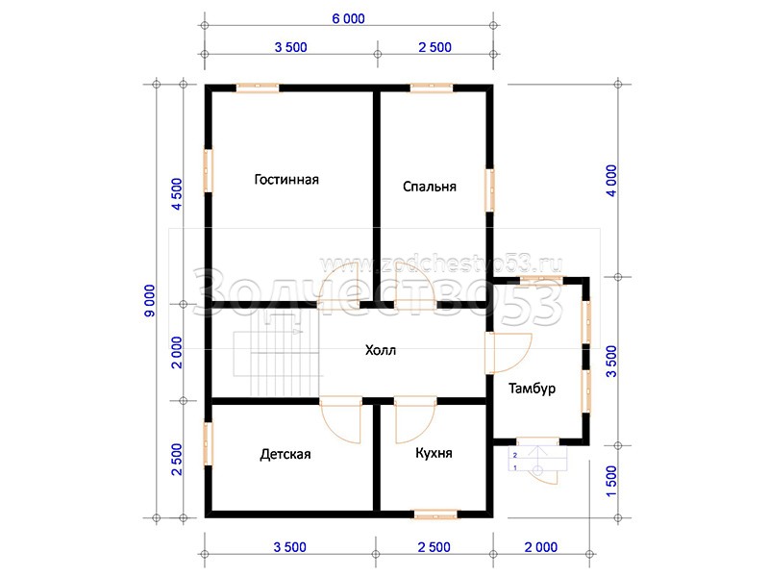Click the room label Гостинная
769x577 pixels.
(x=286, y=180)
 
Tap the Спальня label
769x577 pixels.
(x=430, y=187)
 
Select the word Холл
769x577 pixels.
(x=381, y=350)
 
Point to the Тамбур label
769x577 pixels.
(x=533, y=389)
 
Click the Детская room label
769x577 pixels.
(x=285, y=454)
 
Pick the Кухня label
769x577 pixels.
(x=434, y=453)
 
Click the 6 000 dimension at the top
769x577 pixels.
(x=348, y=18)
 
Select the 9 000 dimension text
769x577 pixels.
(x=150, y=301)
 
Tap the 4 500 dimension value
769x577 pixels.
(x=177, y=194)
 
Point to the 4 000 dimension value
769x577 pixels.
(x=611, y=181)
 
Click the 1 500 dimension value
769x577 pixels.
(x=611, y=482)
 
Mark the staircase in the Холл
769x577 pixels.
(x=277, y=353)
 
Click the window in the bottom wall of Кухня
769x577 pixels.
(x=435, y=514)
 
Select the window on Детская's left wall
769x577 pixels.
(x=209, y=443)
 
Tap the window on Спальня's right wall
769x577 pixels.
(x=490, y=190)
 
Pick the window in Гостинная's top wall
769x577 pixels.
(x=258, y=88)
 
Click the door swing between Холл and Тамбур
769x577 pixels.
(x=509, y=353)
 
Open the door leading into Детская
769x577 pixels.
(x=341, y=420)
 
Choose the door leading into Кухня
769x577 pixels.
(x=415, y=420)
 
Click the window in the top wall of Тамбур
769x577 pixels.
(x=541, y=281)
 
